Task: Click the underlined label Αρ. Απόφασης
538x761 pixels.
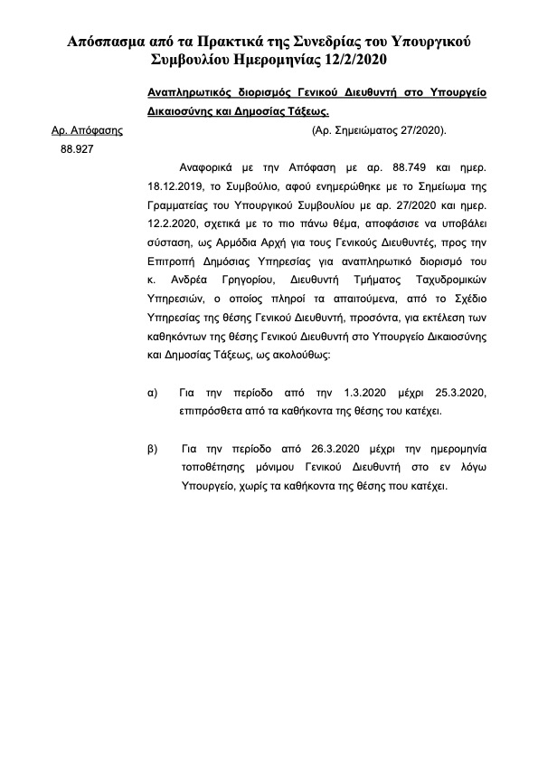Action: click(86, 130)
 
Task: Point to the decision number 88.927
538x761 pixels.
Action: click(78, 149)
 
